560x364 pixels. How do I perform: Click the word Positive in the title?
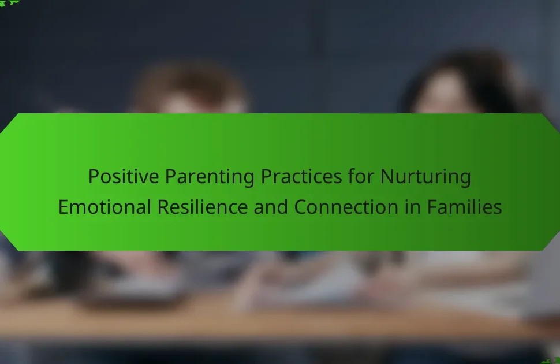[x=123, y=176]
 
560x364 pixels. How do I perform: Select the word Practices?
[x=301, y=176]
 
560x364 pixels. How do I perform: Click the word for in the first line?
[x=361, y=176]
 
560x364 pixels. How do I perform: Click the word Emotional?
[x=104, y=207]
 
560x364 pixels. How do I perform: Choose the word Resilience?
[x=203, y=207]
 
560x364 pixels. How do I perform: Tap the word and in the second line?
[x=271, y=207]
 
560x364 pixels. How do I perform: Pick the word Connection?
[x=346, y=207]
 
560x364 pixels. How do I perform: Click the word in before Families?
[x=413, y=207]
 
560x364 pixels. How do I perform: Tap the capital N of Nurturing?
[x=387, y=176]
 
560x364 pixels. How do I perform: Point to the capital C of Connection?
[x=301, y=207]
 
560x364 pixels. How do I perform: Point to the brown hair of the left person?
[x=189, y=84]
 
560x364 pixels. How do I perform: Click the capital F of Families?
[x=432, y=207]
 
